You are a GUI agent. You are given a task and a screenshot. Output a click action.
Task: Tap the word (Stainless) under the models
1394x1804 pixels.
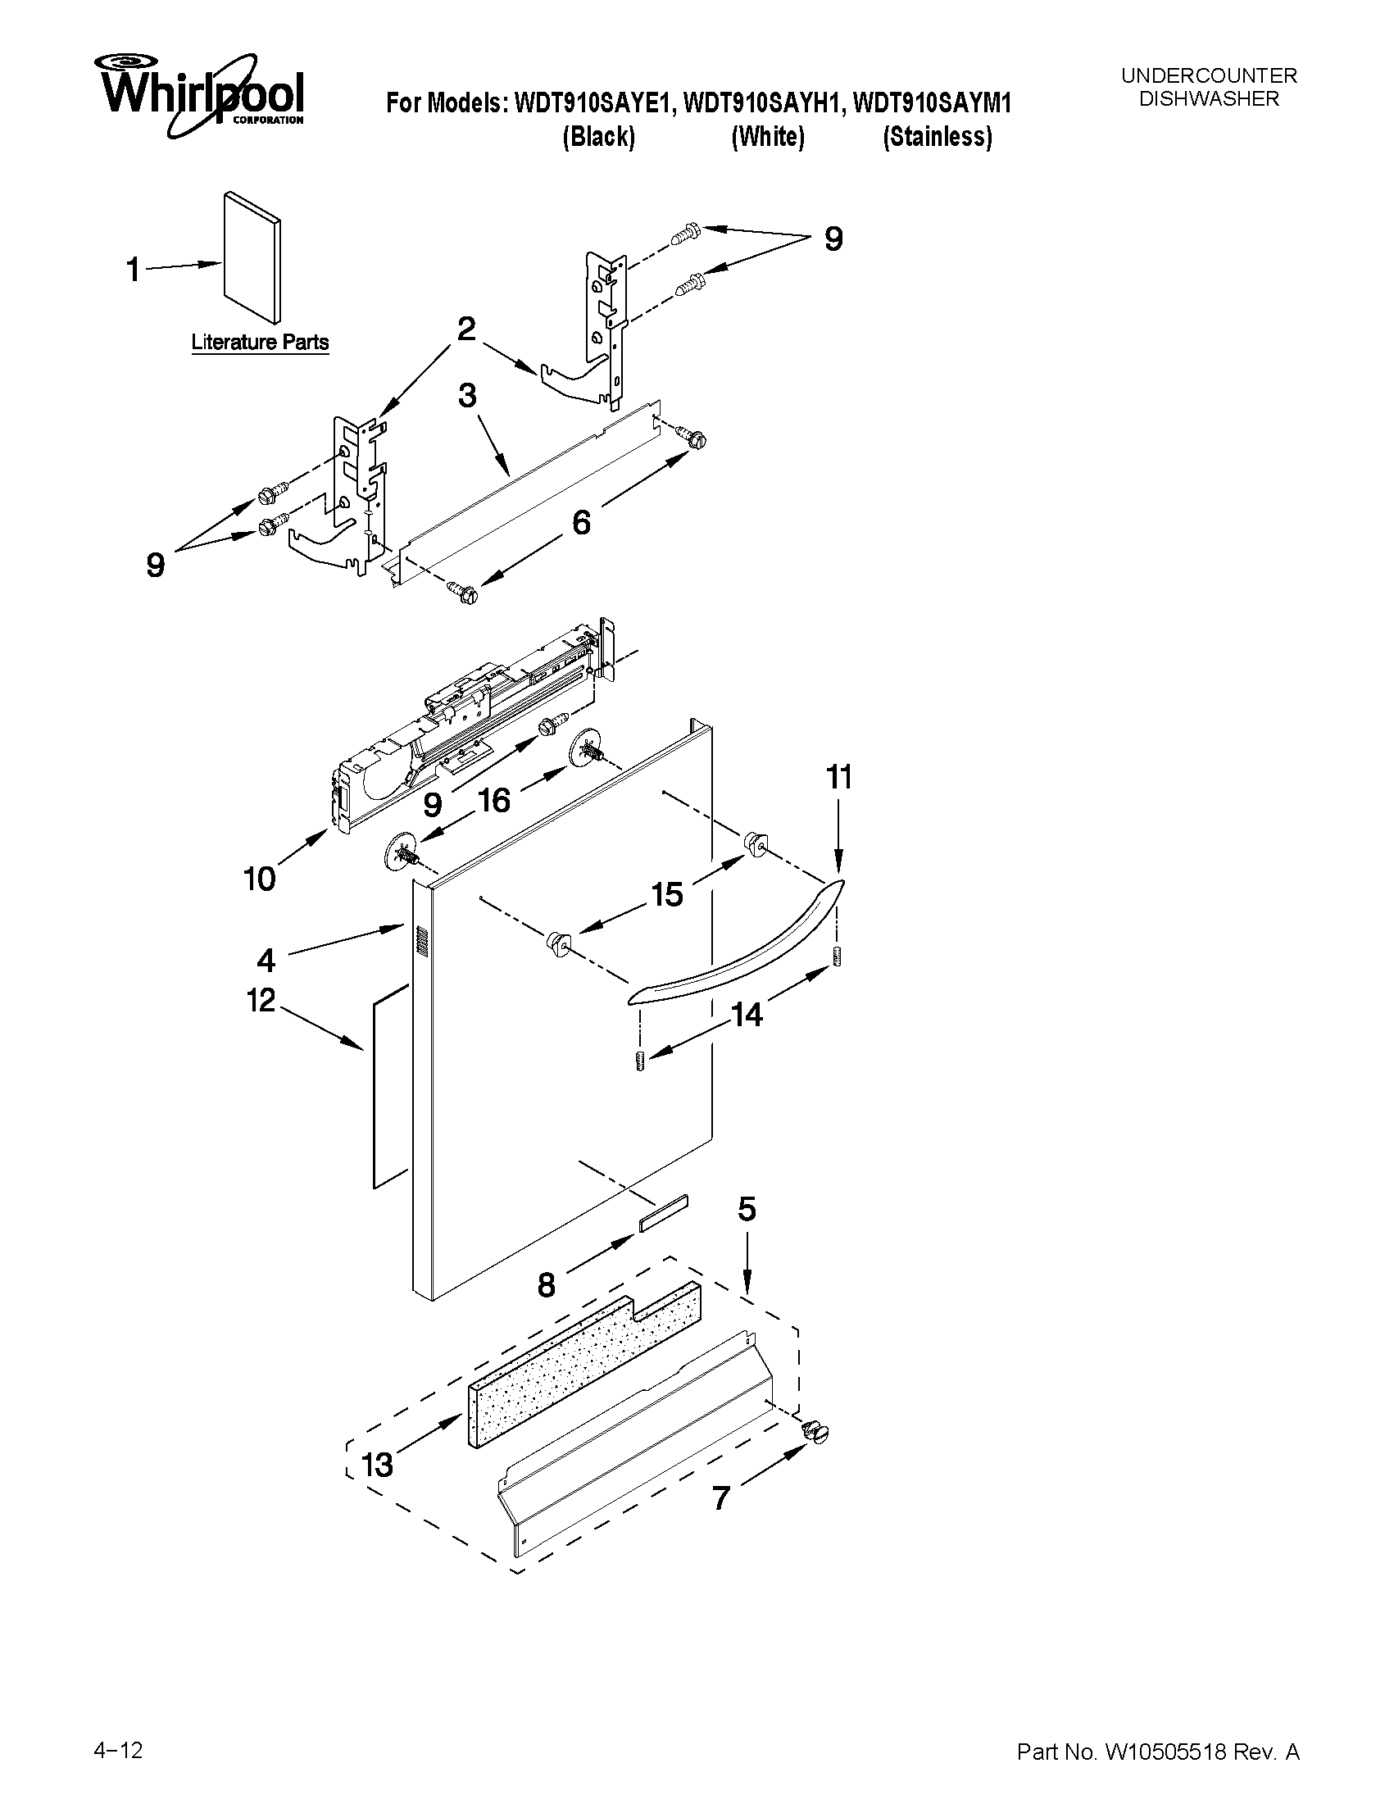click(x=938, y=136)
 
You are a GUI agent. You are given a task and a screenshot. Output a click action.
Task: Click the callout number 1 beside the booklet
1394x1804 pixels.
click(x=133, y=270)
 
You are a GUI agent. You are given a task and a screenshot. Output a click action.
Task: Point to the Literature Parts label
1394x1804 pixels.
click(x=260, y=342)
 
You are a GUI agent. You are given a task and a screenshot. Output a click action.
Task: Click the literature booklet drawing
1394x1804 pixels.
click(x=252, y=260)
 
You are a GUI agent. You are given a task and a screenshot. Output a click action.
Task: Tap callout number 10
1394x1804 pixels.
click(x=259, y=878)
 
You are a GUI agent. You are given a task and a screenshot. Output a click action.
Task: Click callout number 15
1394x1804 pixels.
click(x=667, y=893)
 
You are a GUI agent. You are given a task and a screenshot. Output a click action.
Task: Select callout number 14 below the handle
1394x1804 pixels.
click(x=747, y=1015)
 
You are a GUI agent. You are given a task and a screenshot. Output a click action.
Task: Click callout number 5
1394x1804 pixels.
click(x=747, y=1210)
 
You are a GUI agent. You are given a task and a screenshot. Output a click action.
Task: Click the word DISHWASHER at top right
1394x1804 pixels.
click(x=1208, y=98)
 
